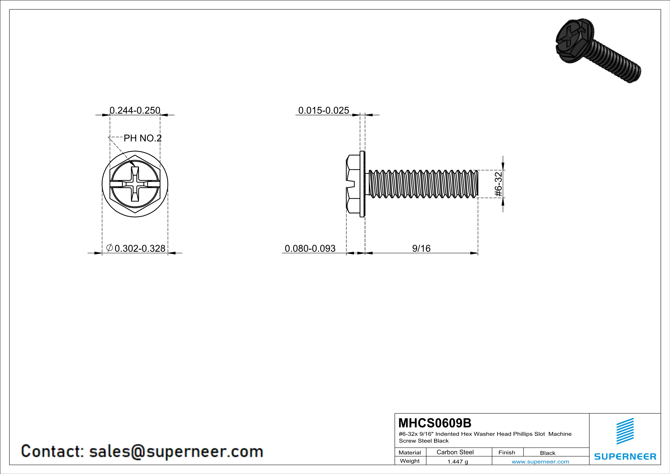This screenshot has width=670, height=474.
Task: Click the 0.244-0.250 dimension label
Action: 135,110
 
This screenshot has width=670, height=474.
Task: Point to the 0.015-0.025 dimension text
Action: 324,110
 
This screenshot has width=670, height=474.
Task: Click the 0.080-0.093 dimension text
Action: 310,248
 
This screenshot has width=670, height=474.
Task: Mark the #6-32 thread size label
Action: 498,184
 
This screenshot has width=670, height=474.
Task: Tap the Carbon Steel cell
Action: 455,452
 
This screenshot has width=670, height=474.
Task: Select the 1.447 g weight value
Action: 458,461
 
